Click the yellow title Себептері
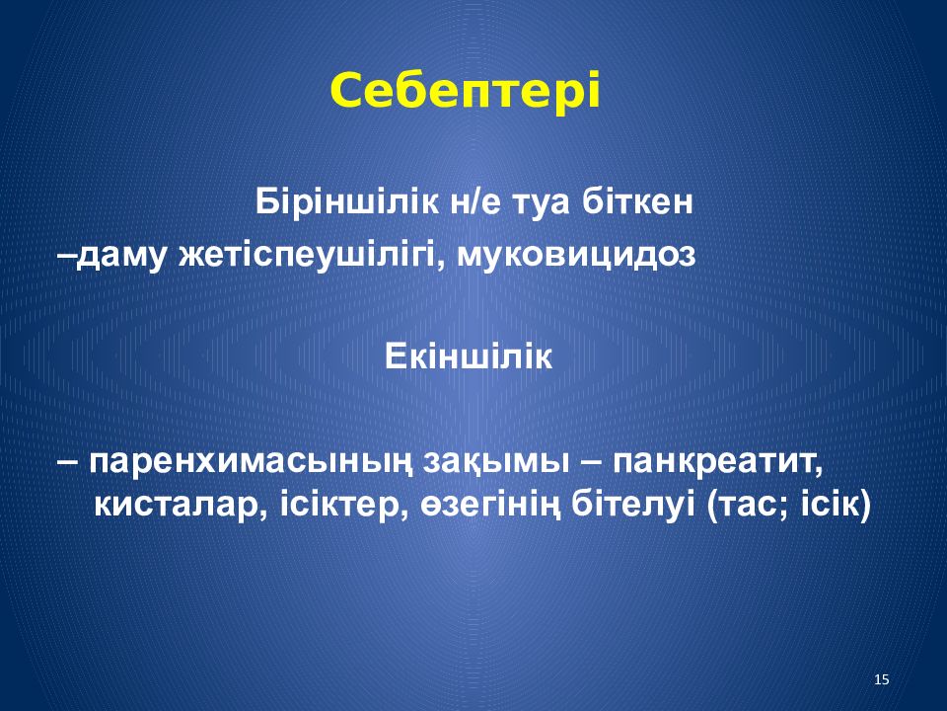click(x=465, y=91)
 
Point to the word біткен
click(x=637, y=201)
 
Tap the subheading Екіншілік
click(x=468, y=356)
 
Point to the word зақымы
click(x=496, y=463)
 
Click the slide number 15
click(x=882, y=679)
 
